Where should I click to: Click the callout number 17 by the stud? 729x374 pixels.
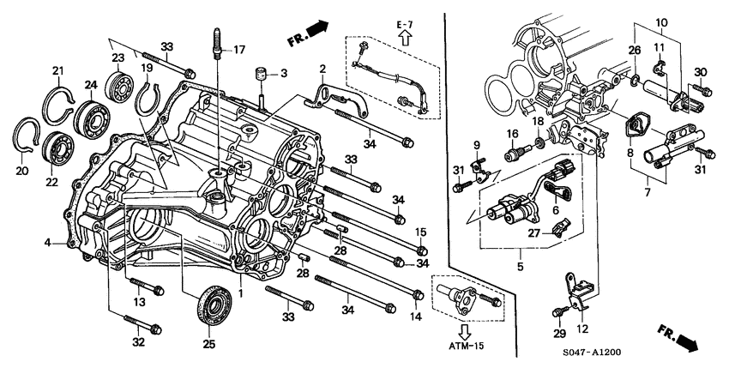(239, 49)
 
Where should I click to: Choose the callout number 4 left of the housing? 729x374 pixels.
(48, 244)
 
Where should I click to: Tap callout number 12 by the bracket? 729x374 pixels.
(582, 329)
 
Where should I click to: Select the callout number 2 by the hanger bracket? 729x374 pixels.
(322, 69)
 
